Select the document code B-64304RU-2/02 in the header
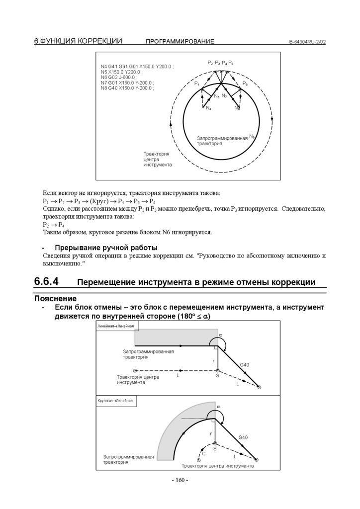click(307, 42)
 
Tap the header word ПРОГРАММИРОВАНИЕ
click(180, 42)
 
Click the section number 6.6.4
click(46, 281)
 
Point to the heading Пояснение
click(55, 299)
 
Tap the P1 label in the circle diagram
click(197, 84)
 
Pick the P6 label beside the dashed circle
click(246, 84)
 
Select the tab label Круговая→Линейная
click(115, 400)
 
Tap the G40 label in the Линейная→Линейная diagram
click(245, 365)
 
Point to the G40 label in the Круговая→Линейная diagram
click(243, 437)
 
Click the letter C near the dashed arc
click(203, 454)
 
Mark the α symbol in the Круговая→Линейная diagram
click(218, 407)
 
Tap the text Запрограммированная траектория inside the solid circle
click(222, 140)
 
